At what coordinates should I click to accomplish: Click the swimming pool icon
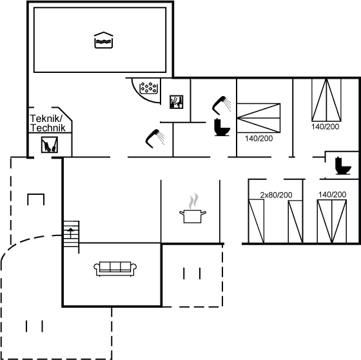104,41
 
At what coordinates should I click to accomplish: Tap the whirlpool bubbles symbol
148,88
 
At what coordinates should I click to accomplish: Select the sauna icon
177,102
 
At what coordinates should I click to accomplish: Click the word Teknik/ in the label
46,119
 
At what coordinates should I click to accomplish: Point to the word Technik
48,128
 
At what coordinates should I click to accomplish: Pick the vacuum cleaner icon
50,145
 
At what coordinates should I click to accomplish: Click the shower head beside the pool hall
155,138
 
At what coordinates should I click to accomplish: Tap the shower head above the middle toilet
222,105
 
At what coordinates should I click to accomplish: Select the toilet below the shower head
222,127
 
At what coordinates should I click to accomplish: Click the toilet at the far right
343,166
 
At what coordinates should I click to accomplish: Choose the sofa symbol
115,269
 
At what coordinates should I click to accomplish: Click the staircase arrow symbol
71,232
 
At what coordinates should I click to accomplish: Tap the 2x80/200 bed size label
276,195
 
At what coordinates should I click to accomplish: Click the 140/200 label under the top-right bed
326,126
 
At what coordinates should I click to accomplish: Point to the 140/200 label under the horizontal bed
259,138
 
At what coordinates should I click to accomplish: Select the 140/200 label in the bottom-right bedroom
332,195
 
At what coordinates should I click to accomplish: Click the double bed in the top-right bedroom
326,100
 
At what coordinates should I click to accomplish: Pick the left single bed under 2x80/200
257,221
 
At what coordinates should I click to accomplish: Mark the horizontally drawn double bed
259,118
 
